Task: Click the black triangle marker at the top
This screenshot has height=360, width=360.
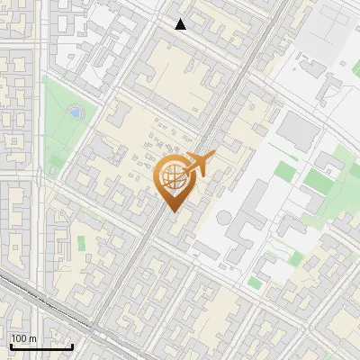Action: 181,24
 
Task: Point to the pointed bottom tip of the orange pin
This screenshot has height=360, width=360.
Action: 173,211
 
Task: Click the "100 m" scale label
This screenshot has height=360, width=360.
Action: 23,338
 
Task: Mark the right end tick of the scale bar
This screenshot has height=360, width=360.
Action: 73,344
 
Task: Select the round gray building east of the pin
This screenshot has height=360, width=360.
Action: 223,219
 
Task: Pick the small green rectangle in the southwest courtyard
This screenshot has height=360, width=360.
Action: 81,243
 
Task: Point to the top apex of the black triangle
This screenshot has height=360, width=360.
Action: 181,19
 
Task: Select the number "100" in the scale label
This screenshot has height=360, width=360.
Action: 19,338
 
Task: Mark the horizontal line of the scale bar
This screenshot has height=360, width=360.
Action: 40,346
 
